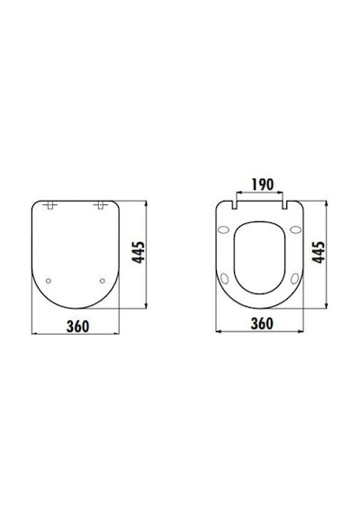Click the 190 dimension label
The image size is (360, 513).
[263, 184]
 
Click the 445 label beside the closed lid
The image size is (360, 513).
[138, 252]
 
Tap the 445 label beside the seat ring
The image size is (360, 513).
[319, 252]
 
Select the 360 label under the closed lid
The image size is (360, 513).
[77, 326]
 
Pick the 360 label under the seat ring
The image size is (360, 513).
[262, 324]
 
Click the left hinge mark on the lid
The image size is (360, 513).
[50, 205]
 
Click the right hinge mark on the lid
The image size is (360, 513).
[101, 205]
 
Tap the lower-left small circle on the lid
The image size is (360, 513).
[49, 281]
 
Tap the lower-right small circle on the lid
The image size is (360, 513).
[103, 281]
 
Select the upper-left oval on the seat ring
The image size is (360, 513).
[224, 230]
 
